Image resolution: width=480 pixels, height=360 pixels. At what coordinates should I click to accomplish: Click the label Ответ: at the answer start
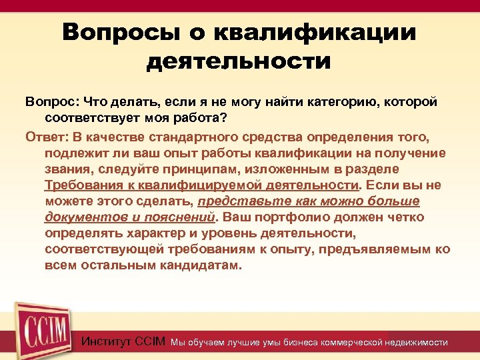(x=47, y=137)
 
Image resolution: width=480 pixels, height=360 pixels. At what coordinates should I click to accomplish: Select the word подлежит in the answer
(x=73, y=153)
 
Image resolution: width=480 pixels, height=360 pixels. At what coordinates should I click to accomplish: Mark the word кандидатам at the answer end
(x=201, y=266)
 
